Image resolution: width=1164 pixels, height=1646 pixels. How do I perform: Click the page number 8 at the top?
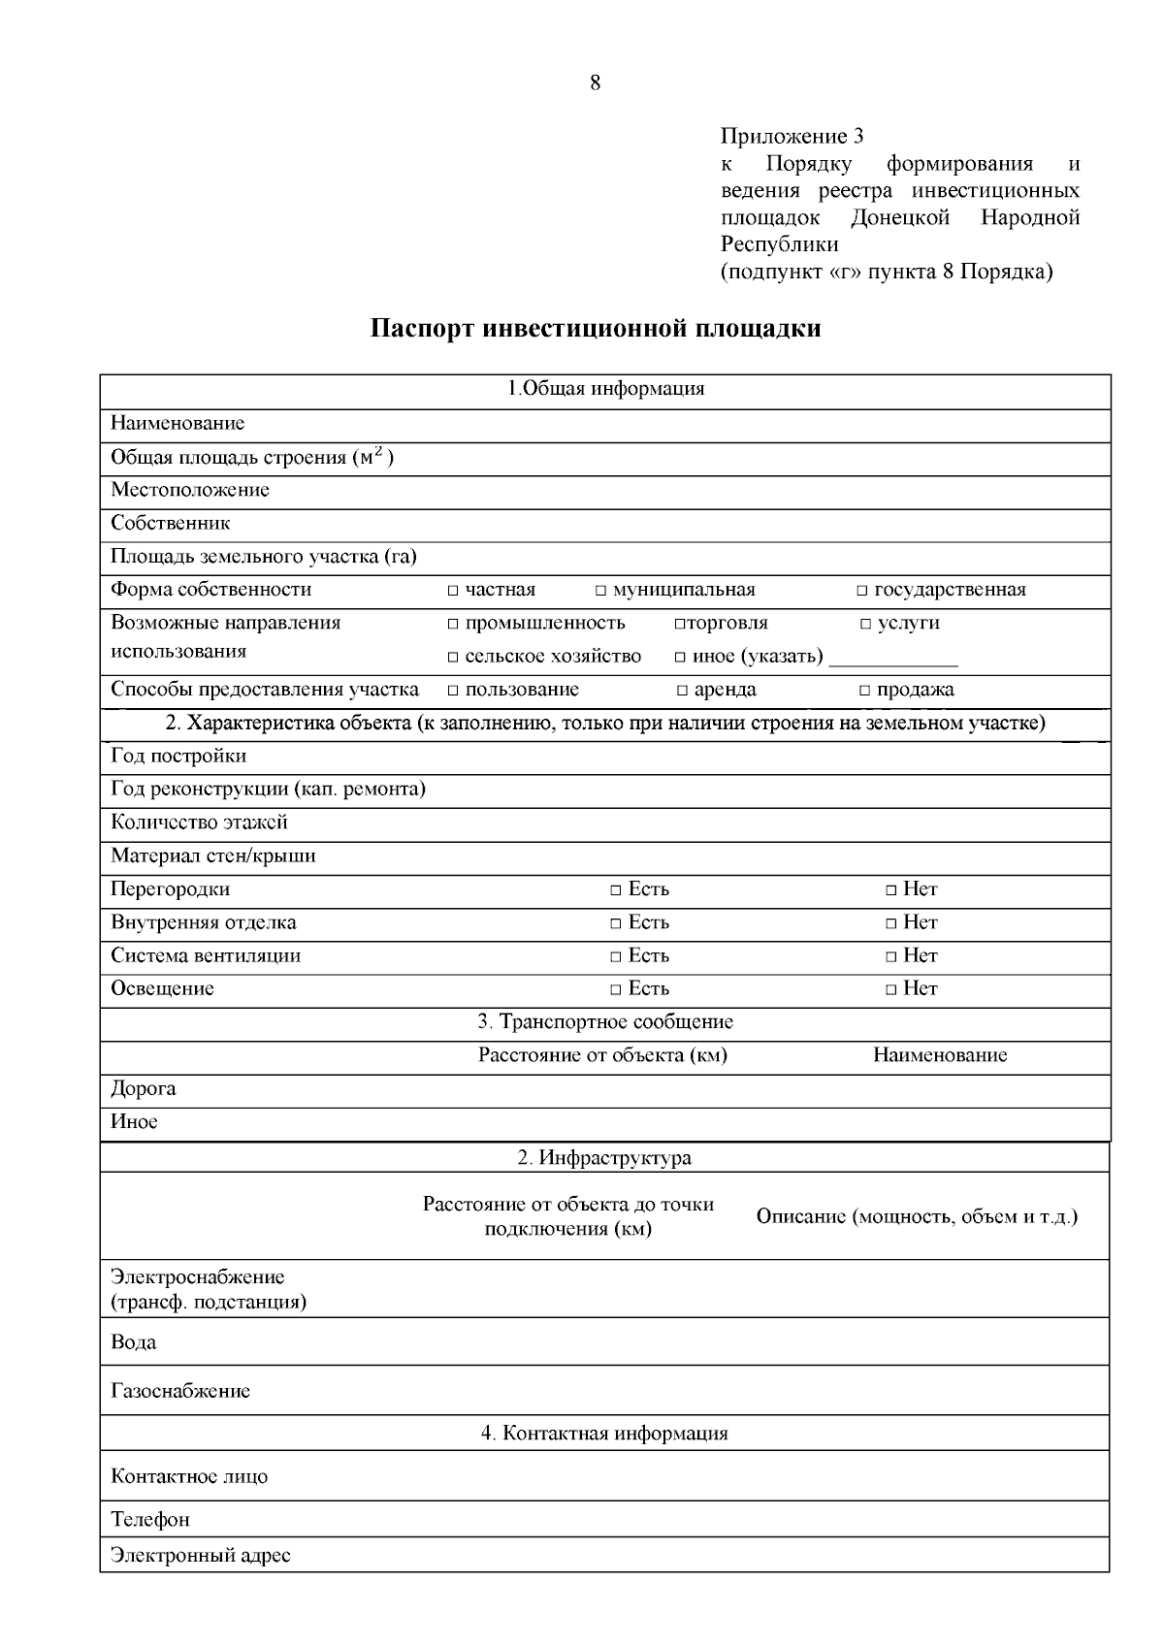coord(595,83)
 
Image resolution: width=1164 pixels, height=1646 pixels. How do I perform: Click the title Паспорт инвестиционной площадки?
coord(596,328)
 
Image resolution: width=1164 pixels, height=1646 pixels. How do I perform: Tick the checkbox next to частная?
coord(453,591)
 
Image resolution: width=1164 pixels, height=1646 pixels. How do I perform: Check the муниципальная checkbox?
coord(601,591)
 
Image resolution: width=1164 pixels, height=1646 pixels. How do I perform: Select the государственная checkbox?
coord(862,591)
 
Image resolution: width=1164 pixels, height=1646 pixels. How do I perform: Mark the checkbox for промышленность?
coord(453,624)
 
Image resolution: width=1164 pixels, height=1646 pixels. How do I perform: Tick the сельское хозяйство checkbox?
coord(453,658)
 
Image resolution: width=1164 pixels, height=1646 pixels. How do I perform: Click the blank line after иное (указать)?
coord(893,660)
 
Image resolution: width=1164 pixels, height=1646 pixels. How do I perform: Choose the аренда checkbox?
coord(683,691)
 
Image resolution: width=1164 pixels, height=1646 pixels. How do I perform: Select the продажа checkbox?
coord(865,691)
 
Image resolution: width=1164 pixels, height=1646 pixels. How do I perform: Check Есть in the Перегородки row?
coord(616,890)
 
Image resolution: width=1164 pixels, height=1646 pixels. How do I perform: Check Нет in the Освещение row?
coord(891,989)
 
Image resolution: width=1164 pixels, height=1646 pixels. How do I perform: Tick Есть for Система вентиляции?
coord(616,956)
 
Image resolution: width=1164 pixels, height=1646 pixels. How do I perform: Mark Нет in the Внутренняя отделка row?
coord(891,923)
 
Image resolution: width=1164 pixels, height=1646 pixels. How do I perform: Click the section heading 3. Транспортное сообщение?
coord(605,1022)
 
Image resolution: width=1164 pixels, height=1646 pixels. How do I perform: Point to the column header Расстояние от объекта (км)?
coord(602,1055)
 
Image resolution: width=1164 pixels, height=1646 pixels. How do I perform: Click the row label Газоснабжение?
coord(180,1391)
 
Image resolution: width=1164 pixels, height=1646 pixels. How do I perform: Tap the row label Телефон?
coord(150,1519)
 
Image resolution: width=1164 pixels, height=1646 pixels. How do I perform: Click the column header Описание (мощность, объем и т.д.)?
coord(917,1216)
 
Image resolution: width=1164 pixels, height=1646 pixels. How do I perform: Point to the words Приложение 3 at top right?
coord(792,136)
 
